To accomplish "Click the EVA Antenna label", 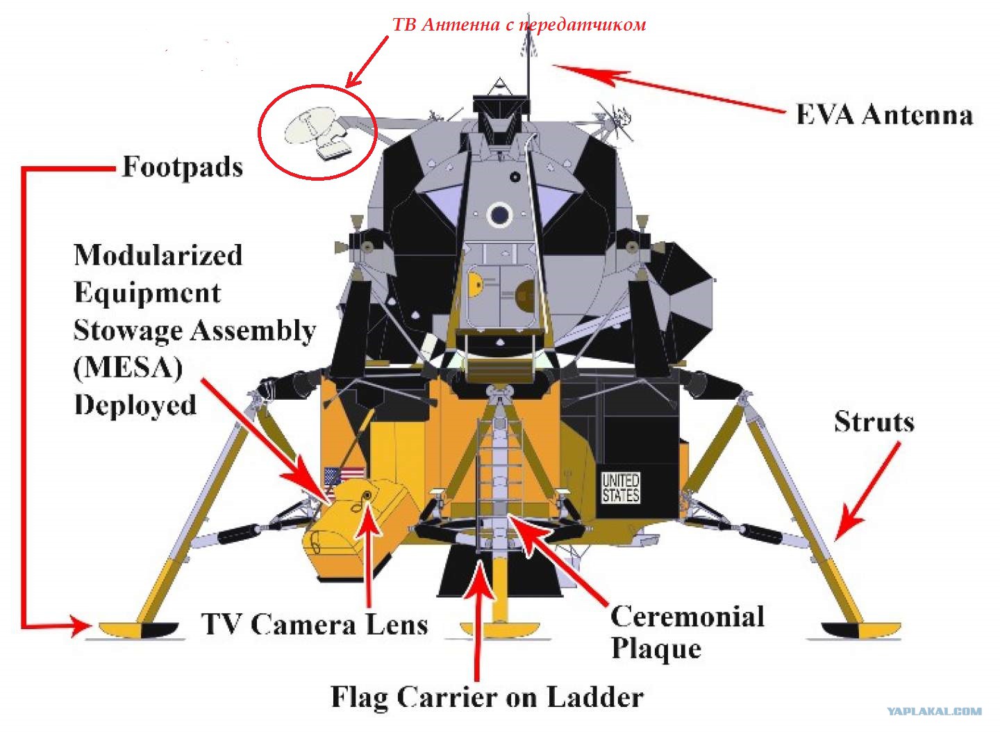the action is pyautogui.click(x=884, y=115).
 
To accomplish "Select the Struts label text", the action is pyautogui.click(x=874, y=422).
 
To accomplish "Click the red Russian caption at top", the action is pyautogui.click(x=519, y=25).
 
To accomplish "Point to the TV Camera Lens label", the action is pyautogui.click(x=315, y=624).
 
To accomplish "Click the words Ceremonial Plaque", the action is pyautogui.click(x=687, y=632).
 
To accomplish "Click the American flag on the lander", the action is pyautogui.click(x=344, y=477).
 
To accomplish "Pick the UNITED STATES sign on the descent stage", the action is pyautogui.click(x=621, y=487).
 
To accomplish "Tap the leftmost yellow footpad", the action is pyautogui.click(x=138, y=629).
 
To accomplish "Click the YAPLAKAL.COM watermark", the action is pyautogui.click(x=934, y=711).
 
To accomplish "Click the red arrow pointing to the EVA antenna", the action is pyautogui.click(x=668, y=90).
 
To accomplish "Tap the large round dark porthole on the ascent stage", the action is pyautogui.click(x=499, y=215).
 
